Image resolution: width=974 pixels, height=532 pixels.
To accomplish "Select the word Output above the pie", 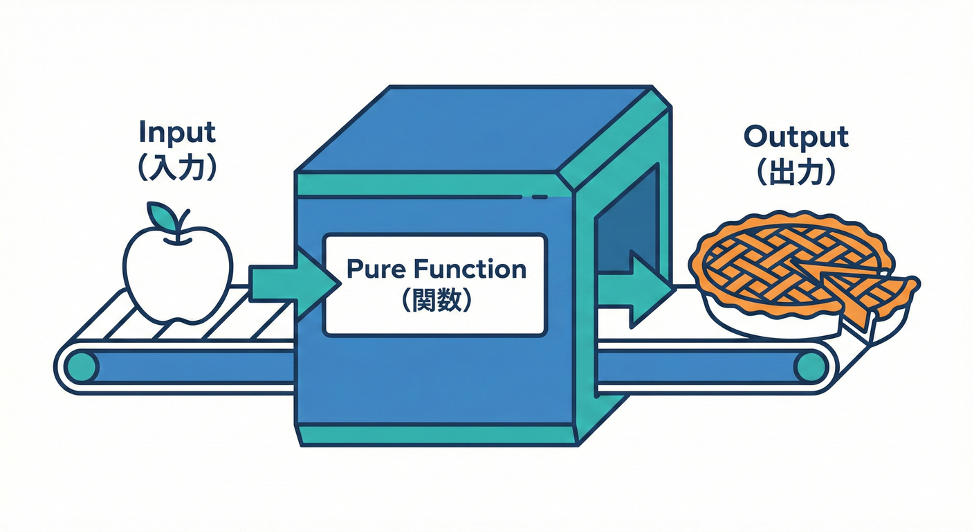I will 796,136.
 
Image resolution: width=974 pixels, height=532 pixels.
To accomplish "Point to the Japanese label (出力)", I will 796,172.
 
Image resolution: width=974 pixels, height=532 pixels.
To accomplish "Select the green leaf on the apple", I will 163,215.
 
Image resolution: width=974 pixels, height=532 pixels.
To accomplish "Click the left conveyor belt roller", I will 82,366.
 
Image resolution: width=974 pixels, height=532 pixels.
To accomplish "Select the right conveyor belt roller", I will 810,366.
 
